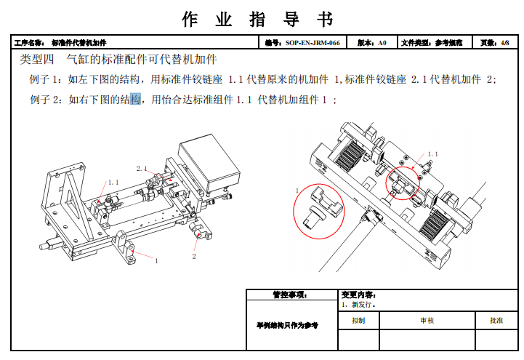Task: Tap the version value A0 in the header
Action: point(382,43)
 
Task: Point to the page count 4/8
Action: point(505,43)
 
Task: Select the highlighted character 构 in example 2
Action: point(134,99)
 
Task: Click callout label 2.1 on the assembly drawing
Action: point(142,168)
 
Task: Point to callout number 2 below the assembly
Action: point(194,257)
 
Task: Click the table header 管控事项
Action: point(290,295)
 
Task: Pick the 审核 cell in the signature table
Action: point(427,320)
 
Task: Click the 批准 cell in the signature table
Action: point(496,320)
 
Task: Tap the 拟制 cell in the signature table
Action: point(358,320)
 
